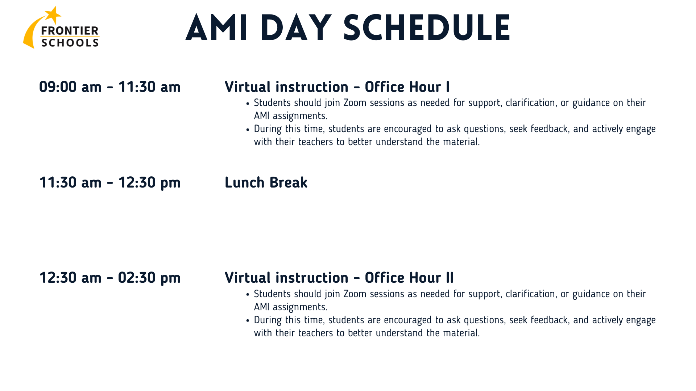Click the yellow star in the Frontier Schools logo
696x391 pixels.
[53, 15]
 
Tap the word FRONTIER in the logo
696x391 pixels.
[70, 31]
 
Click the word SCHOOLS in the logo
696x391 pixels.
[70, 43]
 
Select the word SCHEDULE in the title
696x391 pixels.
[427, 28]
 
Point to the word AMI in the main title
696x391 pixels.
[217, 28]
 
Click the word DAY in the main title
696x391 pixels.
[296, 28]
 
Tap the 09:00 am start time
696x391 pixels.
[70, 87]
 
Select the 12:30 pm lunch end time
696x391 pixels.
[149, 183]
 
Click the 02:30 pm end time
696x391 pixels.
[149, 278]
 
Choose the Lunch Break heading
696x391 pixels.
[266, 182]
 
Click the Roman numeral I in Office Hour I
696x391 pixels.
[448, 87]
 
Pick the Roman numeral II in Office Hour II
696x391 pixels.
[450, 278]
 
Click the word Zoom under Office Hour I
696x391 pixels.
[355, 103]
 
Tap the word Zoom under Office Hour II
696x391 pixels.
[355, 294]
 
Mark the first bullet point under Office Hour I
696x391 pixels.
[248, 104]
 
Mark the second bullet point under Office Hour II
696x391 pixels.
[248, 321]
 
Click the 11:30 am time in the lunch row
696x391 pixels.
[70, 182]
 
